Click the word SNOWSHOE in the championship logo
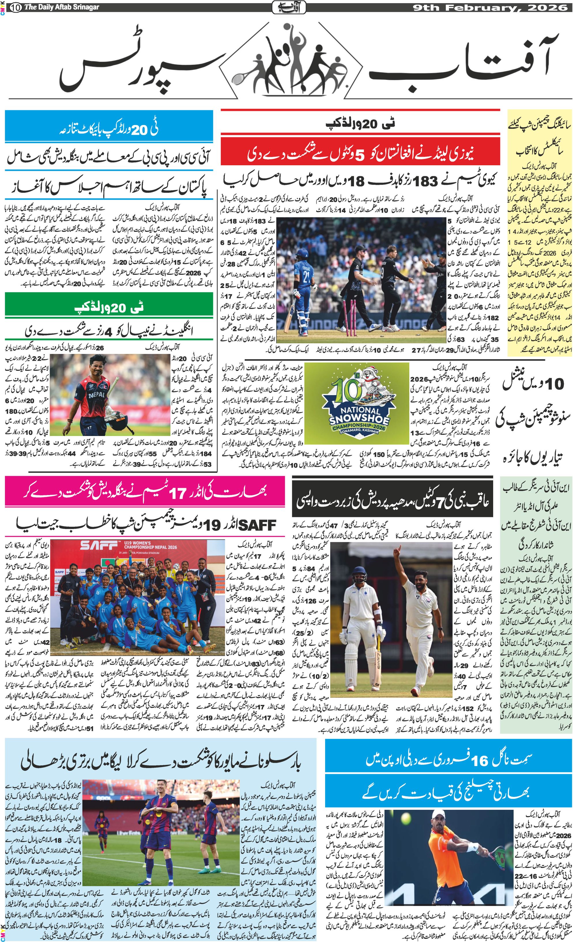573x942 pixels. pyautogui.click(x=359, y=419)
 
